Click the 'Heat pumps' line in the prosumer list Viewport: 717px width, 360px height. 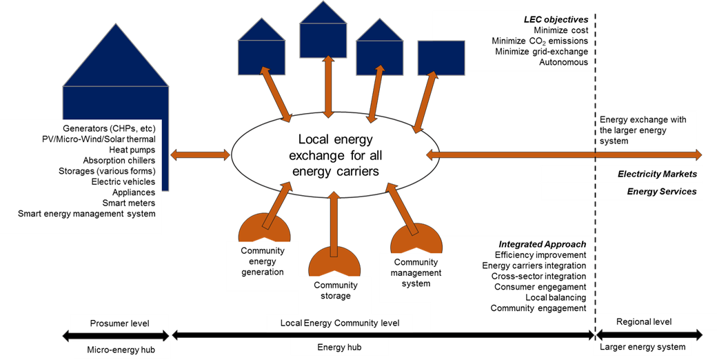click(x=132, y=150)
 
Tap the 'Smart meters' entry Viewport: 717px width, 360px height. click(x=129, y=203)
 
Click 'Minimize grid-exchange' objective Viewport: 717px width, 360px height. click(x=541, y=52)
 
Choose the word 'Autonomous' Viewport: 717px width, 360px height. click(x=563, y=63)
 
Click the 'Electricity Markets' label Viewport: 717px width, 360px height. click(x=657, y=174)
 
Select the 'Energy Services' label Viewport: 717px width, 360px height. click(x=661, y=192)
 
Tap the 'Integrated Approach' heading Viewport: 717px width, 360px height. click(x=542, y=244)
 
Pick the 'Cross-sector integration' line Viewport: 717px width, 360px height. click(x=538, y=276)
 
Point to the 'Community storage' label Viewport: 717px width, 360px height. click(x=336, y=290)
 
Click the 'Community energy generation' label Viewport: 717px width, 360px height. click(x=262, y=261)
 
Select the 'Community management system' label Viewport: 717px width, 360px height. click(x=416, y=272)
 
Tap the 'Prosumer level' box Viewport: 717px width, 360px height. click(x=119, y=323)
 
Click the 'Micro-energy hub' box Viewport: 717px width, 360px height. click(x=119, y=350)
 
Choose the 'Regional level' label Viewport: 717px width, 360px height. click(x=644, y=322)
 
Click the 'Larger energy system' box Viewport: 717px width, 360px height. click(x=643, y=347)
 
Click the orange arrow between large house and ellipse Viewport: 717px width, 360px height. click(x=200, y=155)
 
